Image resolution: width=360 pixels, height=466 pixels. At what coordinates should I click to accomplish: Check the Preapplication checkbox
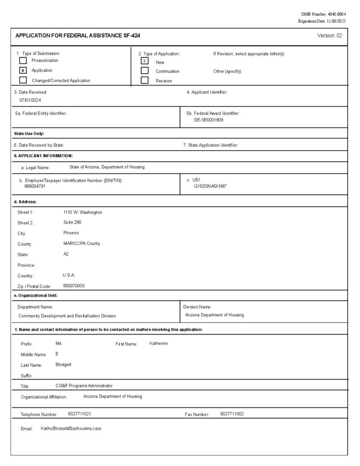23,61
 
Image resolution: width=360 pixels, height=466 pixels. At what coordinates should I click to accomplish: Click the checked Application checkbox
23,71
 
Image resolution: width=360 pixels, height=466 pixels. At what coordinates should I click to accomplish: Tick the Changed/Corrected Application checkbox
23,80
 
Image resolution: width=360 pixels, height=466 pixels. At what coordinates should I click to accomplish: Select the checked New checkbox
145,61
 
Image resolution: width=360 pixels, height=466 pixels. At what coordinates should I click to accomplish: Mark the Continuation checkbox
145,71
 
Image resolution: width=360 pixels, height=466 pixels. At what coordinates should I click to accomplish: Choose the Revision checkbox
145,80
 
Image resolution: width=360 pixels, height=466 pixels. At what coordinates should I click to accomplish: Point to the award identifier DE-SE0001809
208,120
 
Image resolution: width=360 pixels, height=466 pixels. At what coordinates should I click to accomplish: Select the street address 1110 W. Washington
82,212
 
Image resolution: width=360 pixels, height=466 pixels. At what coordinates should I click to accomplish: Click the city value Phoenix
71,233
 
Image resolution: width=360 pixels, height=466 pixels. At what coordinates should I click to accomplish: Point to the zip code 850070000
74,286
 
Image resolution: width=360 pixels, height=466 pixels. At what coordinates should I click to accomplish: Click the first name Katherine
158,343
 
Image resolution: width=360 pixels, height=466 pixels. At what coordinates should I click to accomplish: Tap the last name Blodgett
63,365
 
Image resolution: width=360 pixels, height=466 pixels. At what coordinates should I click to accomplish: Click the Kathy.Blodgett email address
71,429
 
